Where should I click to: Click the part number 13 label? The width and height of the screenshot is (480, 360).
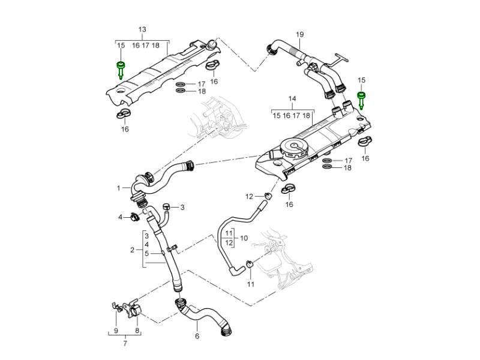[142, 29]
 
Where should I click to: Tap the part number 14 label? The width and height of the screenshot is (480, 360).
[292, 98]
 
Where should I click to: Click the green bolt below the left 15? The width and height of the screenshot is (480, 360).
[121, 68]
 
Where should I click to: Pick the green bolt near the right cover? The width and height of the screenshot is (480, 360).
[361, 99]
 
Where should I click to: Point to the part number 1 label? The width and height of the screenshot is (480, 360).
[119, 188]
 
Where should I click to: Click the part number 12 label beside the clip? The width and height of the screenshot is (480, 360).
[248, 196]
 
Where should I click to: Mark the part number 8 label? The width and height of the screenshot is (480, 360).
[137, 331]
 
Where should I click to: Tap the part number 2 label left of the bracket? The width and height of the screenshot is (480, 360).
[132, 249]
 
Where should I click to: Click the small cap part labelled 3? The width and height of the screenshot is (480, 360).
[165, 208]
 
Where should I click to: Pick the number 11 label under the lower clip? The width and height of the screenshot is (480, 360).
[251, 283]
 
